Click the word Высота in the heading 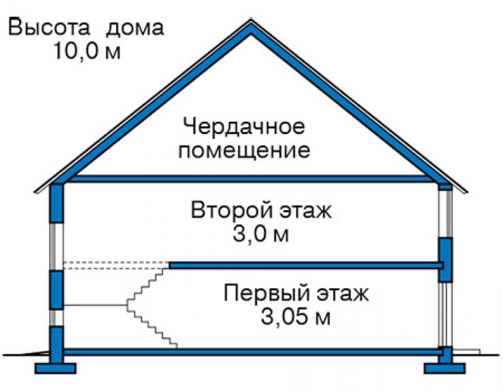pyautogui.click(x=49, y=27)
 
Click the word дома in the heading pyautogui.click(x=135, y=28)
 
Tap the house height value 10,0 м pyautogui.click(x=87, y=51)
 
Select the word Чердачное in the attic pyautogui.click(x=244, y=126)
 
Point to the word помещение pyautogui.click(x=244, y=150)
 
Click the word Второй pyautogui.click(x=230, y=210)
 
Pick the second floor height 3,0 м pyautogui.click(x=260, y=234)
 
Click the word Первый pyautogui.click(x=266, y=293)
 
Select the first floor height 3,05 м pyautogui.click(x=296, y=317)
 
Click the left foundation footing pyautogui.click(x=56, y=369)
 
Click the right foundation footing pyautogui.click(x=445, y=369)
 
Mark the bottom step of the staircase pyautogui.click(x=173, y=345)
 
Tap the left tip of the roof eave pyautogui.click(x=35, y=192)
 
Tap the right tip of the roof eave pyautogui.click(x=466, y=192)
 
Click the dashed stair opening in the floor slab pyautogui.click(x=116, y=265)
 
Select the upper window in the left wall pyautogui.click(x=56, y=247)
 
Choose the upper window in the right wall pyautogui.click(x=446, y=214)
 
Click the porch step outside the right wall pyautogui.click(x=466, y=352)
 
